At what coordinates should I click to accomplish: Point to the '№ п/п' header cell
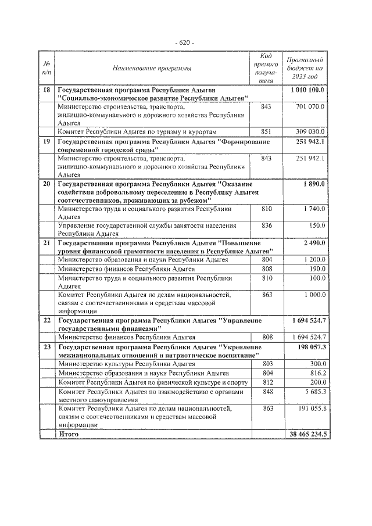[47, 69]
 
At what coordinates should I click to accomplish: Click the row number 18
[47, 91]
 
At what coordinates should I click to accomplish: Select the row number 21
[47, 243]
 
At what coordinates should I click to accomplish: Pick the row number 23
[47, 347]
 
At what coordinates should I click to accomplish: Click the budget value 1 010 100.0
[307, 91]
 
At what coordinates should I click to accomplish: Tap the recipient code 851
[266, 132]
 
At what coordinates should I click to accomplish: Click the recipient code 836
[266, 225]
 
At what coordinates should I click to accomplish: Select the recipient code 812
[266, 382]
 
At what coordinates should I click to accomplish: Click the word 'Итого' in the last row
[69, 434]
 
